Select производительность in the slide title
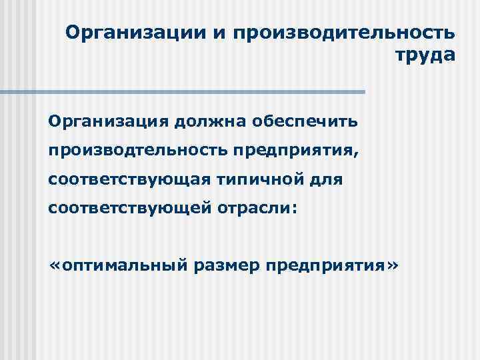click(345, 33)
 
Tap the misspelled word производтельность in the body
click(137, 151)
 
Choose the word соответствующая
click(121, 179)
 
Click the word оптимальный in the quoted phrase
click(125, 266)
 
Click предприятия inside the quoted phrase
click(325, 266)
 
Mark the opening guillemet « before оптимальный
click(54, 266)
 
